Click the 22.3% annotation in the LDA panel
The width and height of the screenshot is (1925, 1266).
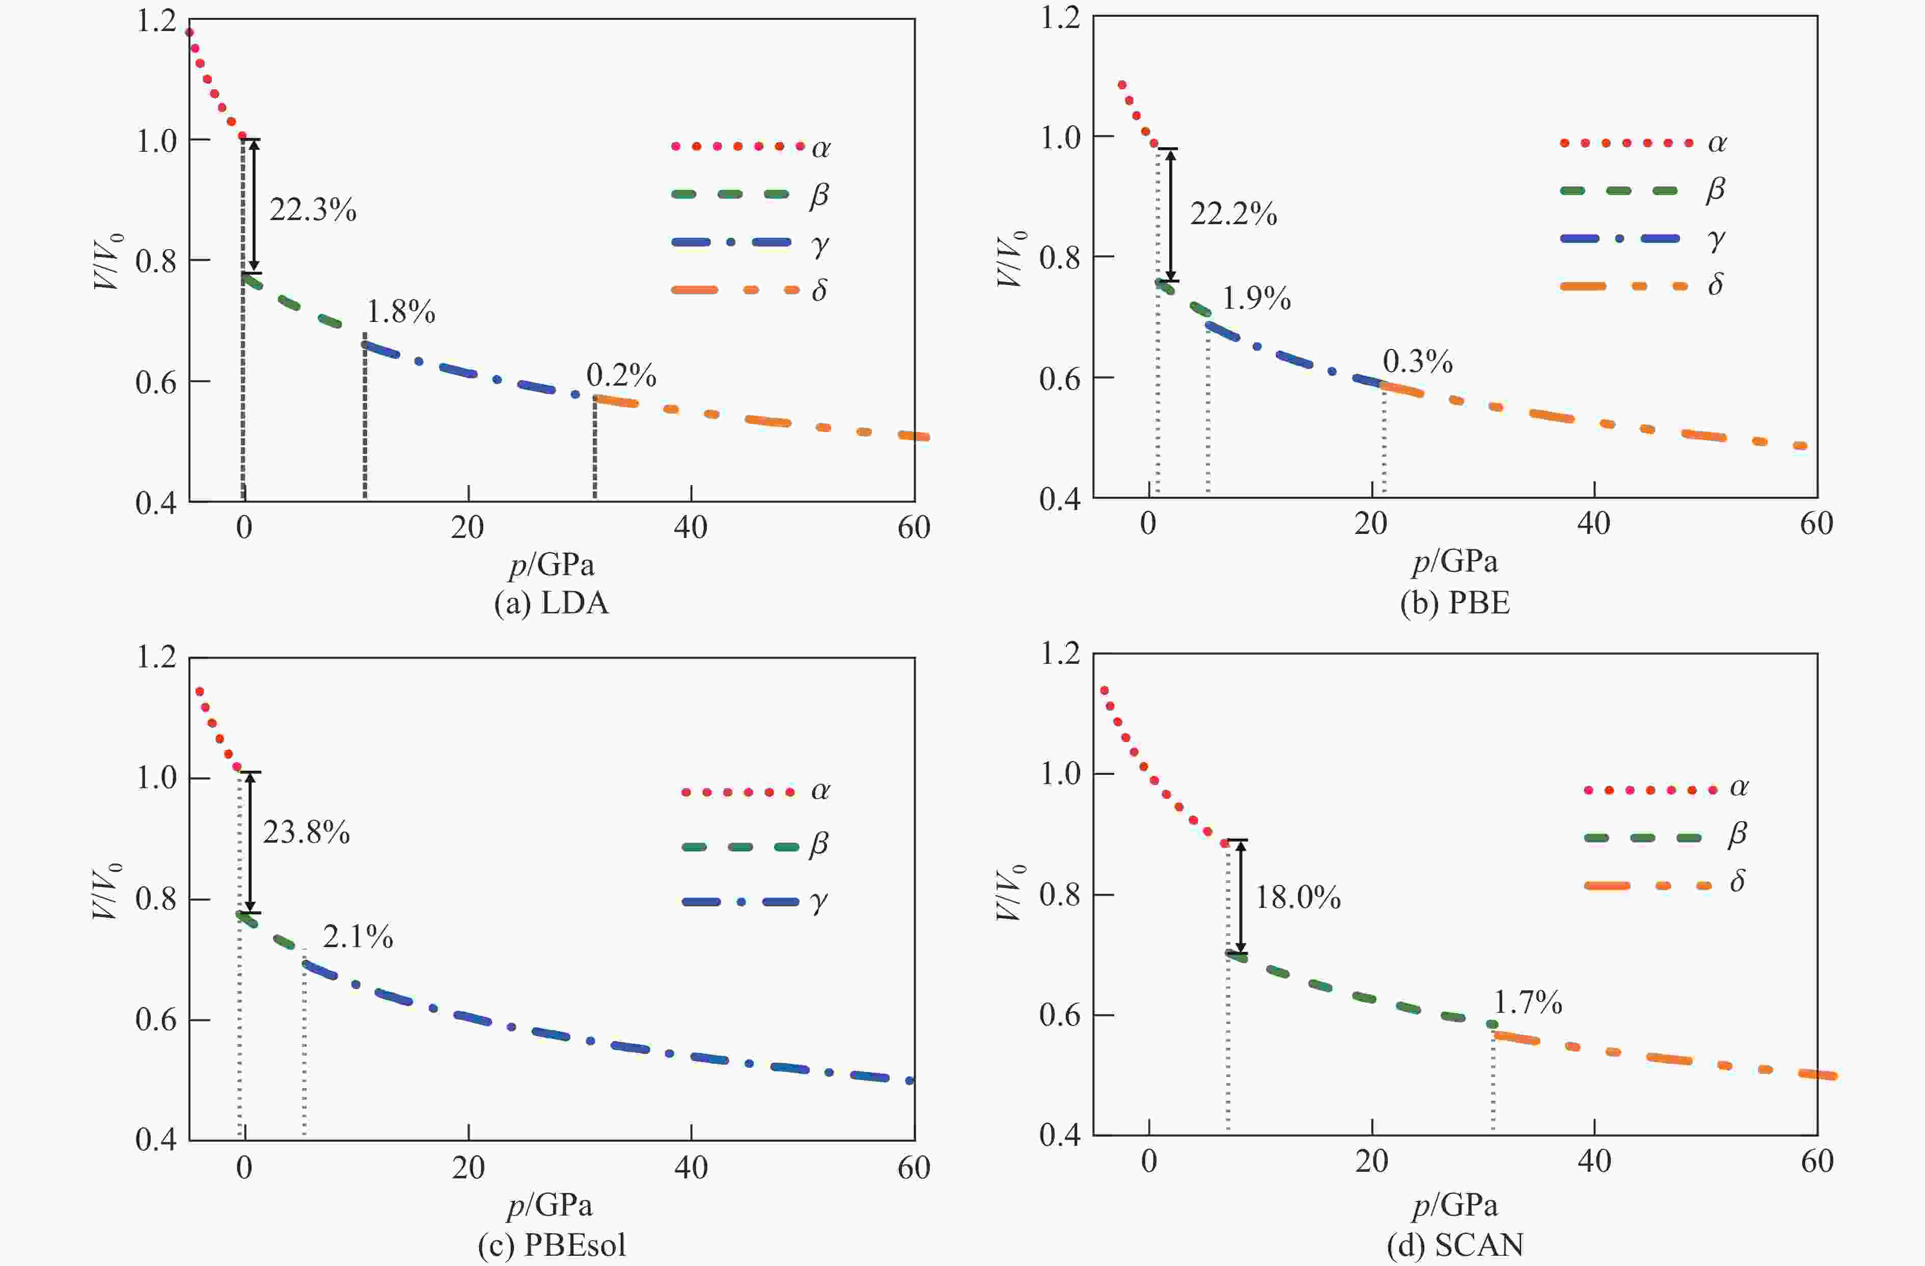[313, 210]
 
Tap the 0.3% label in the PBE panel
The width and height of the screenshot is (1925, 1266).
[1418, 362]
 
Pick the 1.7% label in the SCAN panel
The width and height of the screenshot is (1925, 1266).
[1527, 1003]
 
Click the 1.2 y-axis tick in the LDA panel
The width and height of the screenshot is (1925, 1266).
[156, 21]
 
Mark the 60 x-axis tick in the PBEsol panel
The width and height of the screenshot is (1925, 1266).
[913, 1167]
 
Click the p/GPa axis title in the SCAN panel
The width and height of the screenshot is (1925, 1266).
[1455, 1205]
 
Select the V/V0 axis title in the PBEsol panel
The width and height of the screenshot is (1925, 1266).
[107, 891]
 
